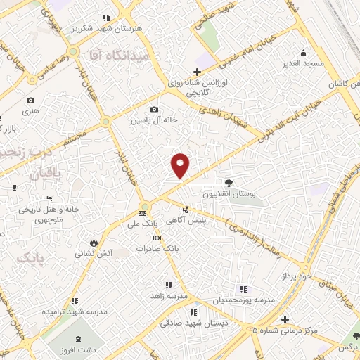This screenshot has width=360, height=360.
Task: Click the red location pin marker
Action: tap(181, 165)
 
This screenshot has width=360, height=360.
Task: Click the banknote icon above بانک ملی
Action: tap(143, 212)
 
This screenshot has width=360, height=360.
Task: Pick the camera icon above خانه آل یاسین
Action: tap(155, 109)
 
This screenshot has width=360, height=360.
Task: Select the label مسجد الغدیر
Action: tap(303, 63)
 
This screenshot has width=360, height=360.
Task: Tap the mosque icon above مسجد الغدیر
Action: tap(303, 52)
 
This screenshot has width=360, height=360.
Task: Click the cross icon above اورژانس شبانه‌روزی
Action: tap(197, 72)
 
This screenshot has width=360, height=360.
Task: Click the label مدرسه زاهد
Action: tap(170, 296)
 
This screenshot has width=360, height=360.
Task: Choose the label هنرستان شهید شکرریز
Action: tap(108, 29)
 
